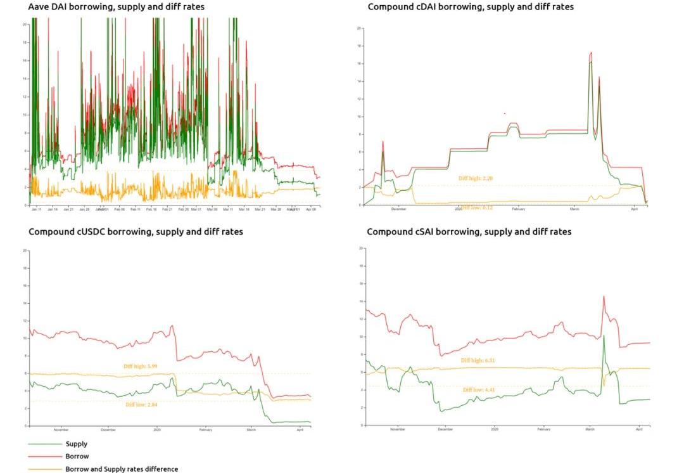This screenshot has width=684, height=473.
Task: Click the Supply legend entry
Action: coord(76,444)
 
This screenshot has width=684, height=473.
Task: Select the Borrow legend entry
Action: coord(77,456)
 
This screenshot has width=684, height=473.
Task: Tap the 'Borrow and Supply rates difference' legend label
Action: coord(121,469)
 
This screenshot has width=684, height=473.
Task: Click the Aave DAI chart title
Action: coord(116,7)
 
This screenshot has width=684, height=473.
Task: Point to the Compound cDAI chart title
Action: coord(471,7)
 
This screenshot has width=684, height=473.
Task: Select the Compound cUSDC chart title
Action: coord(136,232)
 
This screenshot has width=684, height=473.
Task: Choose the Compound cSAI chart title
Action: coord(469,232)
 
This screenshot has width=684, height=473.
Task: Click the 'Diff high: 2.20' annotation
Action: coord(476,178)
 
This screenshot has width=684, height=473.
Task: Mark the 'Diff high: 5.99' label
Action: coord(141,366)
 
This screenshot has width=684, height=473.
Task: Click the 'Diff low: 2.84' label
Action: coord(141,404)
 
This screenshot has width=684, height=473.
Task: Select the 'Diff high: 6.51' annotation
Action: coord(478,360)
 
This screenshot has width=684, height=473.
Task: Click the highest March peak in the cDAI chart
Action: coord(591,53)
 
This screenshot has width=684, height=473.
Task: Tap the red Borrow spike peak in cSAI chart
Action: coord(604,296)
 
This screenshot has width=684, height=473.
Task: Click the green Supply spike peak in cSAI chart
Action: coord(604,335)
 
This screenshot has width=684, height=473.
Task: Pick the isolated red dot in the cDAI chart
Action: coord(505,113)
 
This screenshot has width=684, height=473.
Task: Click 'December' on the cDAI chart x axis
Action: coord(398,209)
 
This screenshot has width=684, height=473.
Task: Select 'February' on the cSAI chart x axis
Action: coord(543,429)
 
